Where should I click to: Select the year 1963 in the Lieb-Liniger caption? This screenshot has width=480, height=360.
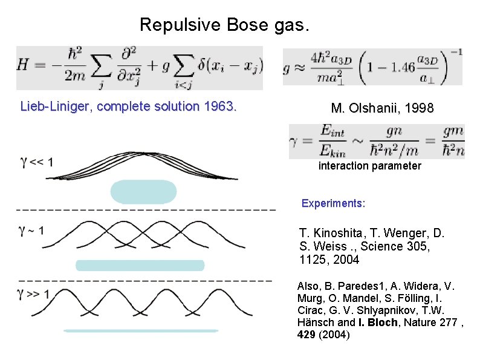pos(219,107)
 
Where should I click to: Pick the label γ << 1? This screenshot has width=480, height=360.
pos(37,162)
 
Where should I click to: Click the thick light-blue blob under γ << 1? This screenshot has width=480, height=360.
pos(143,191)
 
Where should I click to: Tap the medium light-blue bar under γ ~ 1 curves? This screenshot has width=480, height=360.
pos(140,265)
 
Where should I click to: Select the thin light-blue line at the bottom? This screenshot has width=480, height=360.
pos(140,331)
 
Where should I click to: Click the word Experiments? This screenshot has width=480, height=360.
pos(333,203)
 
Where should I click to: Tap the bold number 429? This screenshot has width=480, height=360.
pos(307,334)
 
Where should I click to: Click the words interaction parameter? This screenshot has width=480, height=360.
pos(369,166)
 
